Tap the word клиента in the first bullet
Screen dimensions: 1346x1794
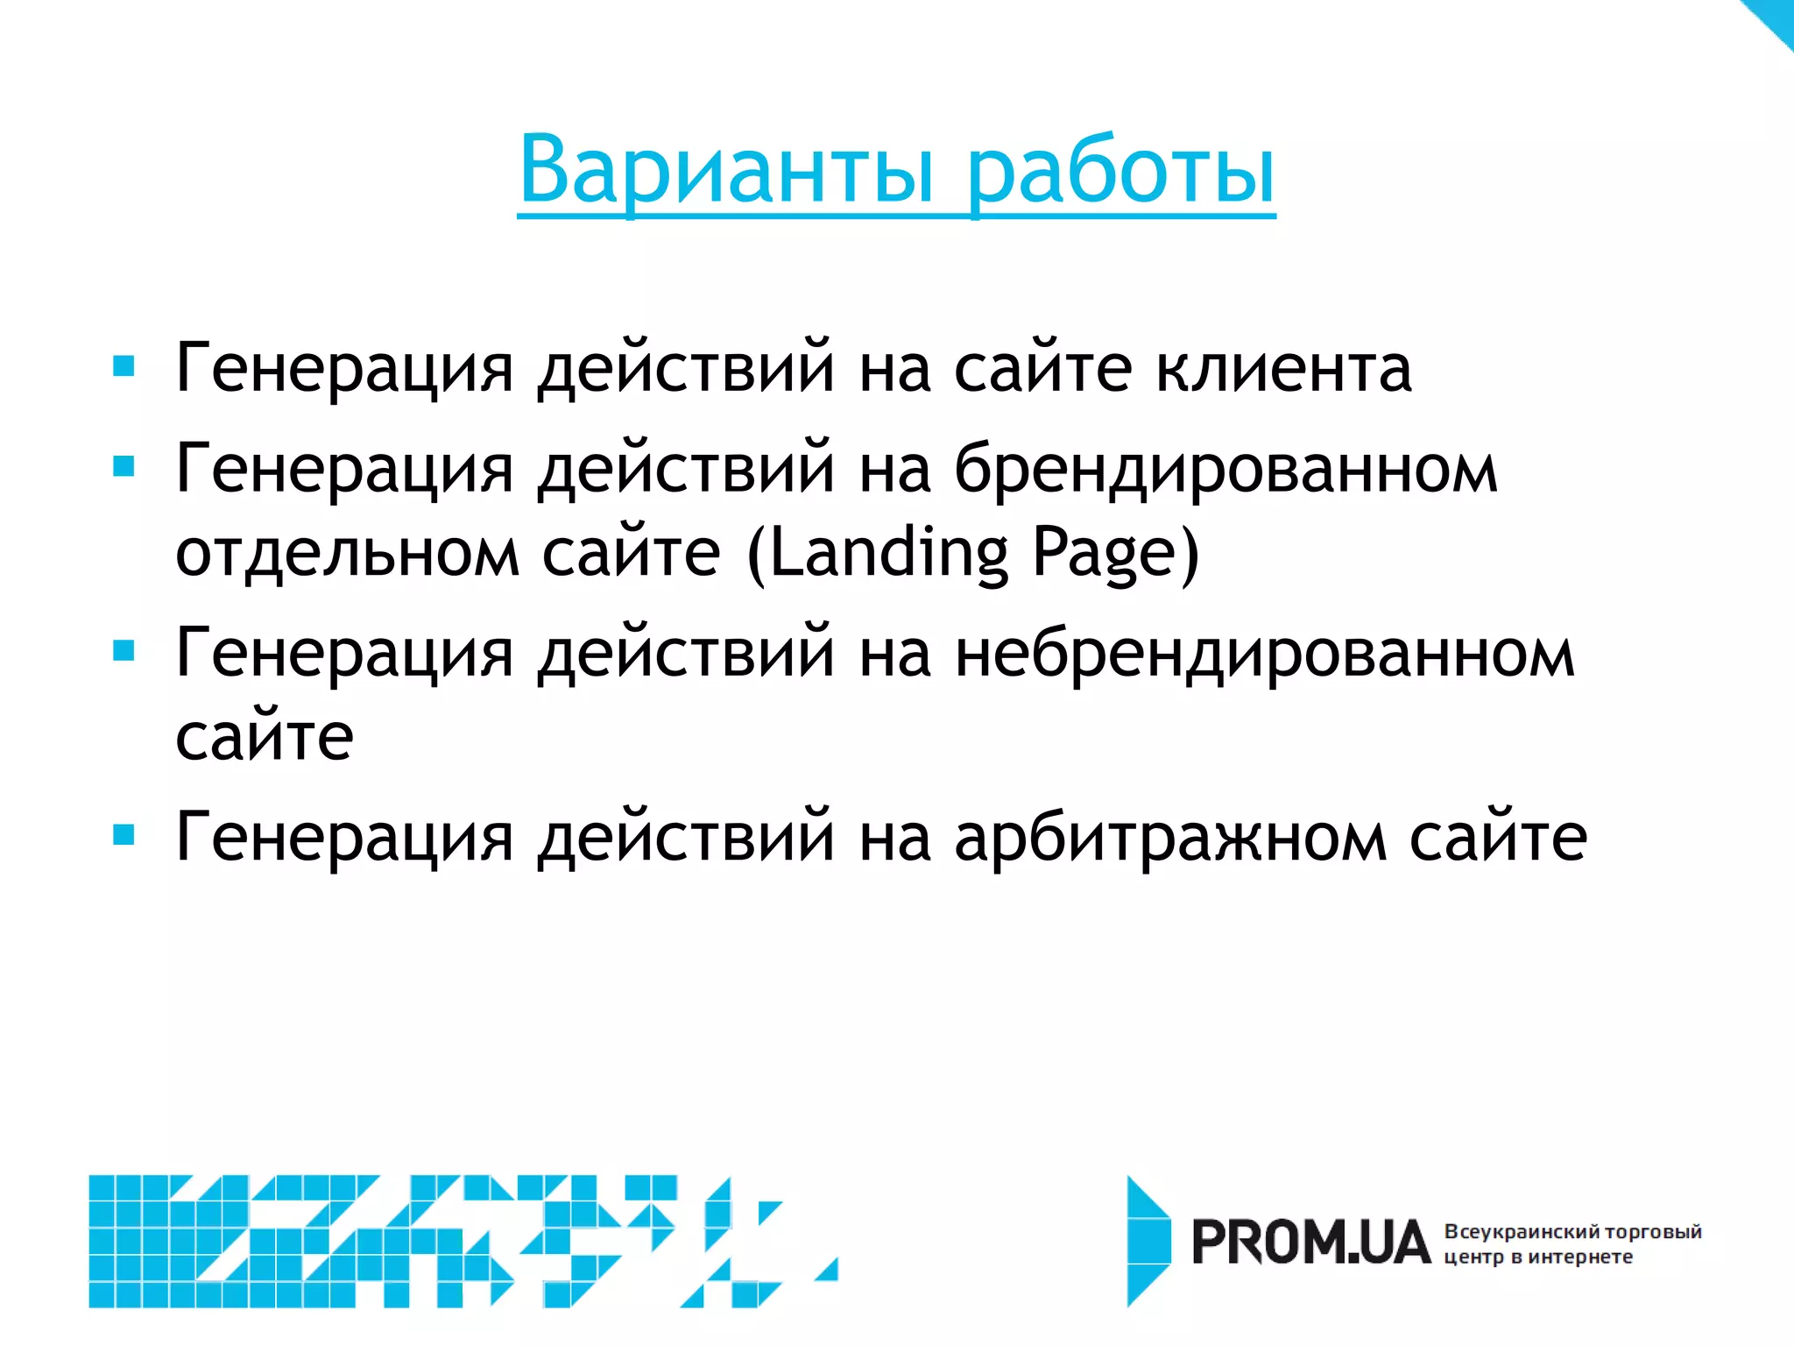[1283, 368]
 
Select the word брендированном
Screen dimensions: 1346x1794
[1225, 470]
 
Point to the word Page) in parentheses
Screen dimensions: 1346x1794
[1115, 554]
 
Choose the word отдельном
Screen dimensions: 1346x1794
[348, 554]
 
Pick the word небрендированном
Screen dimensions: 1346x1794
[1264, 654]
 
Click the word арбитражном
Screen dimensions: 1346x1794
[1170, 838]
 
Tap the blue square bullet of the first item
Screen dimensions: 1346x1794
[124, 365]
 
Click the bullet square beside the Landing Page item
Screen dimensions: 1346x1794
[124, 466]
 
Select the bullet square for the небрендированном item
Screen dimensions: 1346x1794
[124, 651]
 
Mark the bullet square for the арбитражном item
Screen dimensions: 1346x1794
[124, 835]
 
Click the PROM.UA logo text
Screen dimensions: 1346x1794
[1310, 1243]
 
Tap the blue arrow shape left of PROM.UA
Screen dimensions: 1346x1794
[1148, 1241]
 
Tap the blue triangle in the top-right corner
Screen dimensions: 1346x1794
[1771, 19]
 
